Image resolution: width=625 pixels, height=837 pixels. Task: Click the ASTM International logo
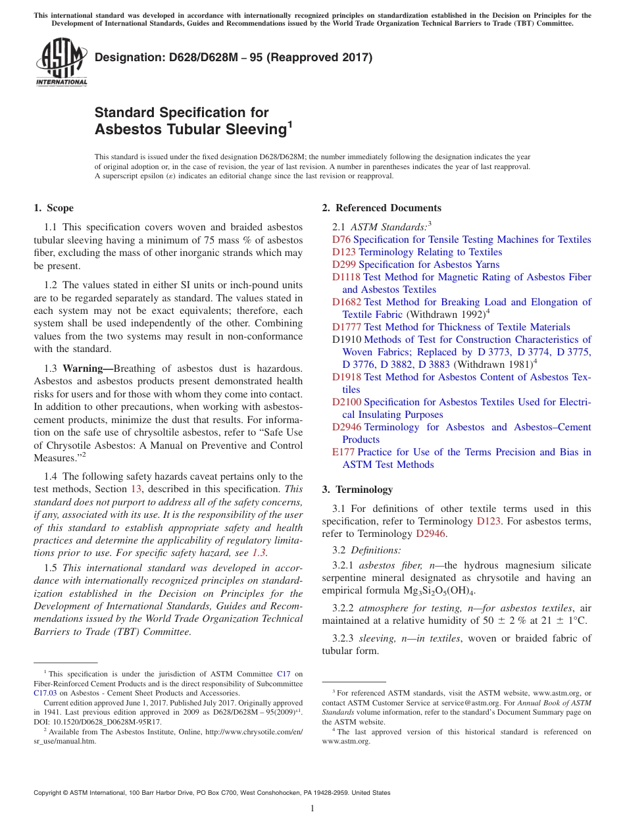[61, 63]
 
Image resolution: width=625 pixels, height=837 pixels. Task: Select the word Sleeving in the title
[252, 130]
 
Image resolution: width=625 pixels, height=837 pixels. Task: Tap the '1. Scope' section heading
[53, 208]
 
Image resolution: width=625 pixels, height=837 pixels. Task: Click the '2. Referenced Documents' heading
[381, 208]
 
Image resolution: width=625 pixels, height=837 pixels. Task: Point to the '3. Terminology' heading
[357, 490]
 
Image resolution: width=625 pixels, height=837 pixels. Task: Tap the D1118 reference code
[346, 277]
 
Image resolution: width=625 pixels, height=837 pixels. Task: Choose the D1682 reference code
[347, 302]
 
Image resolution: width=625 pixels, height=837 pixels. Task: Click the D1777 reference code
[347, 327]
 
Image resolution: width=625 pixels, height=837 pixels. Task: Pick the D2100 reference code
[347, 402]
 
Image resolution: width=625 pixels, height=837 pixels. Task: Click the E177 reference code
[343, 452]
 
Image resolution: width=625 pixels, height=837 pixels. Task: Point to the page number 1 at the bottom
[312, 809]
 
